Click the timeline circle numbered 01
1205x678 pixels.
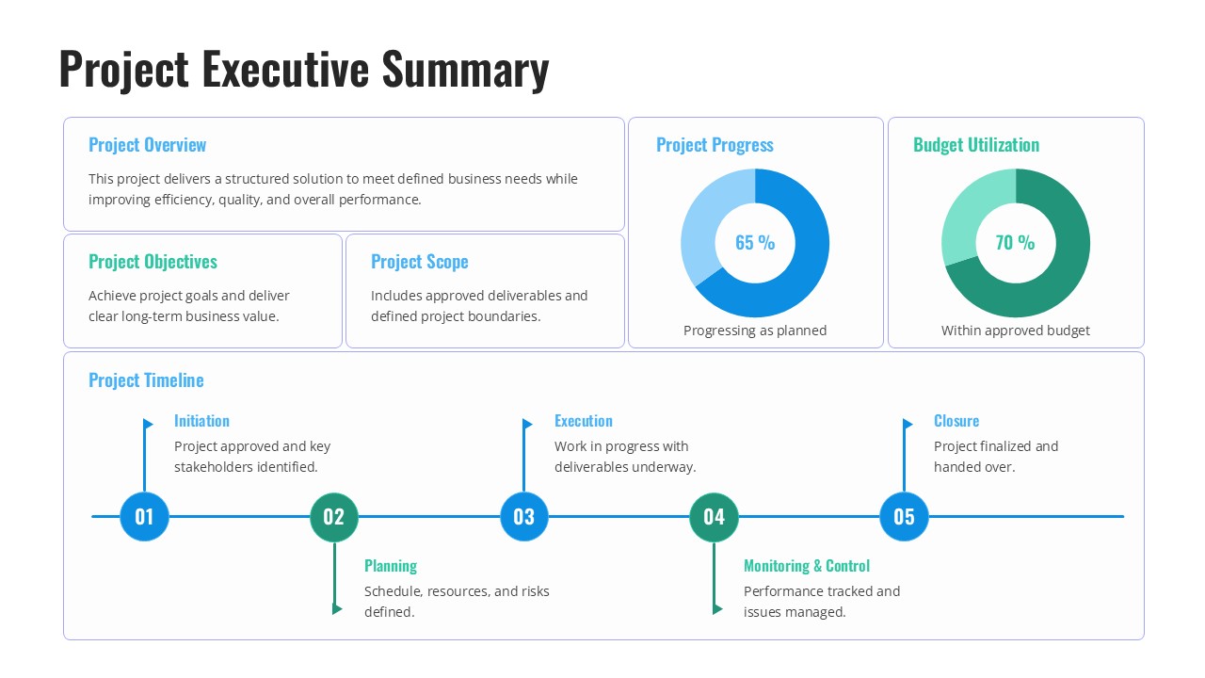(x=144, y=516)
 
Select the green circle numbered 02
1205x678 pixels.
(x=334, y=516)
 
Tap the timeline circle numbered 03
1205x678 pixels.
(x=523, y=516)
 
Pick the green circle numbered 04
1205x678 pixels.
(x=714, y=516)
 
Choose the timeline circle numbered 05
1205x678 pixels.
(x=904, y=516)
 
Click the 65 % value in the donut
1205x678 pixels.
(x=755, y=243)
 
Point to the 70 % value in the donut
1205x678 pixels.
(x=1015, y=243)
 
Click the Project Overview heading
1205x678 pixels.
(x=147, y=145)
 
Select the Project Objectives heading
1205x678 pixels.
(x=153, y=262)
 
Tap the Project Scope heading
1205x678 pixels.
(x=419, y=262)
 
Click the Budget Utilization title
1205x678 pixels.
(x=975, y=145)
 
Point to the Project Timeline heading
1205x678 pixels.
(x=146, y=380)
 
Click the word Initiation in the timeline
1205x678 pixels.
(x=201, y=421)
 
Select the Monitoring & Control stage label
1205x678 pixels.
(x=806, y=566)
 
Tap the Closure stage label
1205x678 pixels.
(x=956, y=421)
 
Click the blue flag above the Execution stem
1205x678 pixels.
(x=528, y=425)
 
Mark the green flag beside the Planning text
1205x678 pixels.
(x=338, y=609)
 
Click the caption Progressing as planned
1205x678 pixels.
(x=755, y=331)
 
